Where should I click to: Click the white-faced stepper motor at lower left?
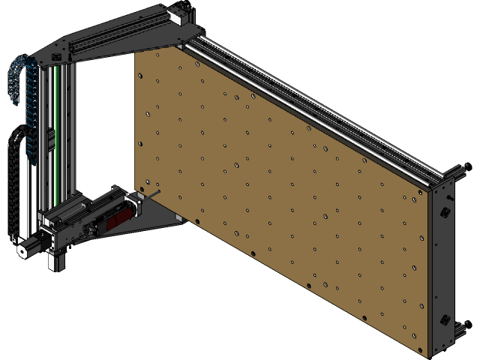point(23,249)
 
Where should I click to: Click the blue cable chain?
point(22,105)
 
